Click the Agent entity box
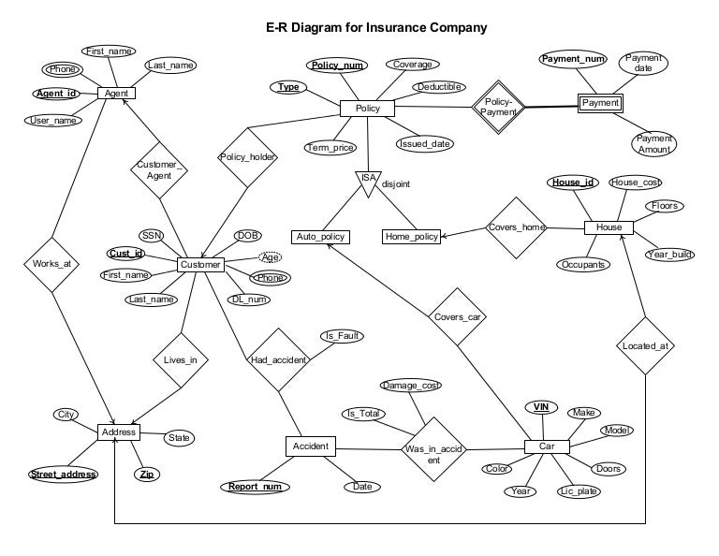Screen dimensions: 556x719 117,94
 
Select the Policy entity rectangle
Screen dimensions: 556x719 368,109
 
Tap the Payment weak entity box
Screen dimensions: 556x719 600,103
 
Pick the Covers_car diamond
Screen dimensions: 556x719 458,316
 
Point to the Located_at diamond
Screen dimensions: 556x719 645,345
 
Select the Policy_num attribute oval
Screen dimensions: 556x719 338,66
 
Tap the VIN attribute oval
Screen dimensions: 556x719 541,407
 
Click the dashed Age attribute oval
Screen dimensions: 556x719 270,257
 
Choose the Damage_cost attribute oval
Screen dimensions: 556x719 410,386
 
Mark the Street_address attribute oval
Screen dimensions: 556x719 64,475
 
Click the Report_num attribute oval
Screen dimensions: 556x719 256,487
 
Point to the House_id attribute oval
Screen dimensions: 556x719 573,182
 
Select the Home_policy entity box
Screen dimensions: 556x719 411,237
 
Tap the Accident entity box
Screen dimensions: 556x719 310,446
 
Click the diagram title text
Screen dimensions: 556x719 376,27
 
